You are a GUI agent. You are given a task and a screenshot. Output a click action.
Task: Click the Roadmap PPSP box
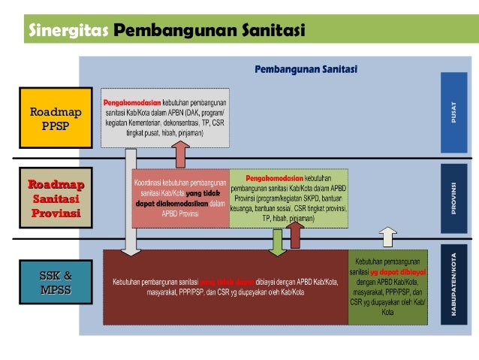tap(55, 119)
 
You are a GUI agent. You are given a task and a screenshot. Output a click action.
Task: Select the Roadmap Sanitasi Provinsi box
tap(55, 198)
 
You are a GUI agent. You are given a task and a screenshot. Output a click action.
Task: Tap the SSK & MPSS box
tap(55, 281)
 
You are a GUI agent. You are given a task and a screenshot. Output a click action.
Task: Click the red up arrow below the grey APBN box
tap(181, 155)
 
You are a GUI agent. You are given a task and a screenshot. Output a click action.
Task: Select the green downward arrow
tap(277, 241)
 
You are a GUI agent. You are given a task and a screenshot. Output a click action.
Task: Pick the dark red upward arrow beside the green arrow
tap(295, 235)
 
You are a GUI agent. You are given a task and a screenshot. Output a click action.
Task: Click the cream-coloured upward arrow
tap(387, 237)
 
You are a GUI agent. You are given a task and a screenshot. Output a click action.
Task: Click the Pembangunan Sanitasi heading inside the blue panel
tap(306, 69)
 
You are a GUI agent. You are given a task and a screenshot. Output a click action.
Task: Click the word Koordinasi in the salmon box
tap(147, 183)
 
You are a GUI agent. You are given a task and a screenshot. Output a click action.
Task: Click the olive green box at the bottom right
tap(387, 286)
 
